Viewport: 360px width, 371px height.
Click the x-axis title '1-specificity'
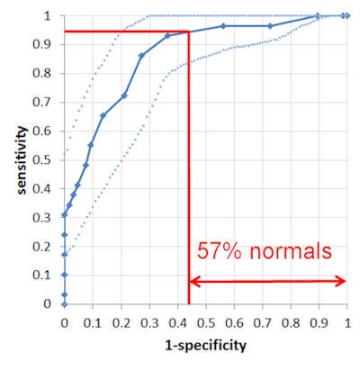(206, 344)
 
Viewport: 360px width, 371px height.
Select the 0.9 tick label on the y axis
(42, 44)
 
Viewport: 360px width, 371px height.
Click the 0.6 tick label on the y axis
(42, 131)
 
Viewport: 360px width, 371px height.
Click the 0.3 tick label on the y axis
(42, 217)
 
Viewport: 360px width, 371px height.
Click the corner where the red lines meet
(188, 32)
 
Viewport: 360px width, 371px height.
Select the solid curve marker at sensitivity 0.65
(103, 116)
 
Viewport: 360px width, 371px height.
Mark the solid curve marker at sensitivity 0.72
(123, 95)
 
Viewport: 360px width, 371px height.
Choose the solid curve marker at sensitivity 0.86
(141, 56)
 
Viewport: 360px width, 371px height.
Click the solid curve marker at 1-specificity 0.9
(317, 15)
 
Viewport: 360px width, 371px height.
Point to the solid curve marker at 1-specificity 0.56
(223, 26)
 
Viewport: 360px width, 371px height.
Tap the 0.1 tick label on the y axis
(42, 275)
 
